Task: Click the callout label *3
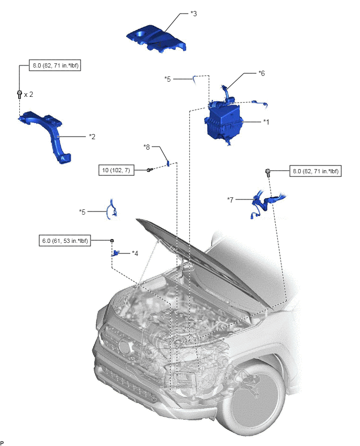[194, 14]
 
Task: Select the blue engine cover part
[156, 38]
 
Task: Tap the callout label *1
[266, 122]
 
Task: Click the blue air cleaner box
[223, 122]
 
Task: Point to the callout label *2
[92, 137]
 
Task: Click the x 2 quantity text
[28, 94]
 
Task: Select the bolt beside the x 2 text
[19, 94]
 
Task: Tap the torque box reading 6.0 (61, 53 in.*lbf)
[65, 241]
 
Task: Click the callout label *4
[135, 253]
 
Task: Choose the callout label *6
[261, 73]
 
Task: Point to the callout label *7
[230, 200]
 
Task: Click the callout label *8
[147, 147]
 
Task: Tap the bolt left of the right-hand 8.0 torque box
[267, 172]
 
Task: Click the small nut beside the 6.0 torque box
[112, 241]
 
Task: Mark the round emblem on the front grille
[124, 346]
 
